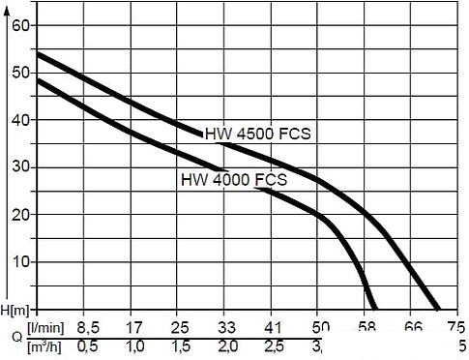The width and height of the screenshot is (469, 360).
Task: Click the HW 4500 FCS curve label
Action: point(256,135)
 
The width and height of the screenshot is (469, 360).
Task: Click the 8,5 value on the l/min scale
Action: point(88,327)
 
